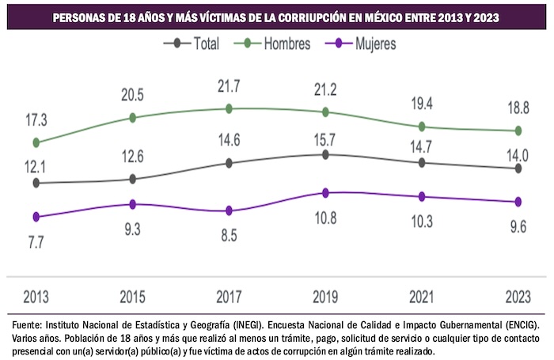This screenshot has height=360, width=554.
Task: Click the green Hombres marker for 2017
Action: pyautogui.click(x=230, y=108)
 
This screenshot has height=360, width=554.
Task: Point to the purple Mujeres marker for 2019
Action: pyautogui.click(x=325, y=192)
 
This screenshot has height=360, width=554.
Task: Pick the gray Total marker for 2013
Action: pyautogui.click(x=36, y=183)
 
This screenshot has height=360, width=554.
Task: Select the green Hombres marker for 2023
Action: pyautogui.click(x=518, y=131)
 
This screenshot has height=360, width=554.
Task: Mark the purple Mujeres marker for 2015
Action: pyautogui.click(x=133, y=204)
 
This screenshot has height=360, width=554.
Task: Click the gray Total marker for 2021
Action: pyautogui.click(x=422, y=162)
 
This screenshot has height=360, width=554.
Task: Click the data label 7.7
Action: pyautogui.click(x=36, y=242)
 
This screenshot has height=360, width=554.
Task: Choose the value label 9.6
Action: pyautogui.click(x=518, y=227)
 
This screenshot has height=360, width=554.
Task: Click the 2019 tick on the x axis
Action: pyautogui.click(x=325, y=297)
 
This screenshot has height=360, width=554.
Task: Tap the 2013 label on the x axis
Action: pyautogui.click(x=36, y=297)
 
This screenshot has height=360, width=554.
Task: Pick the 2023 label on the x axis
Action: pyautogui.click(x=518, y=297)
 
